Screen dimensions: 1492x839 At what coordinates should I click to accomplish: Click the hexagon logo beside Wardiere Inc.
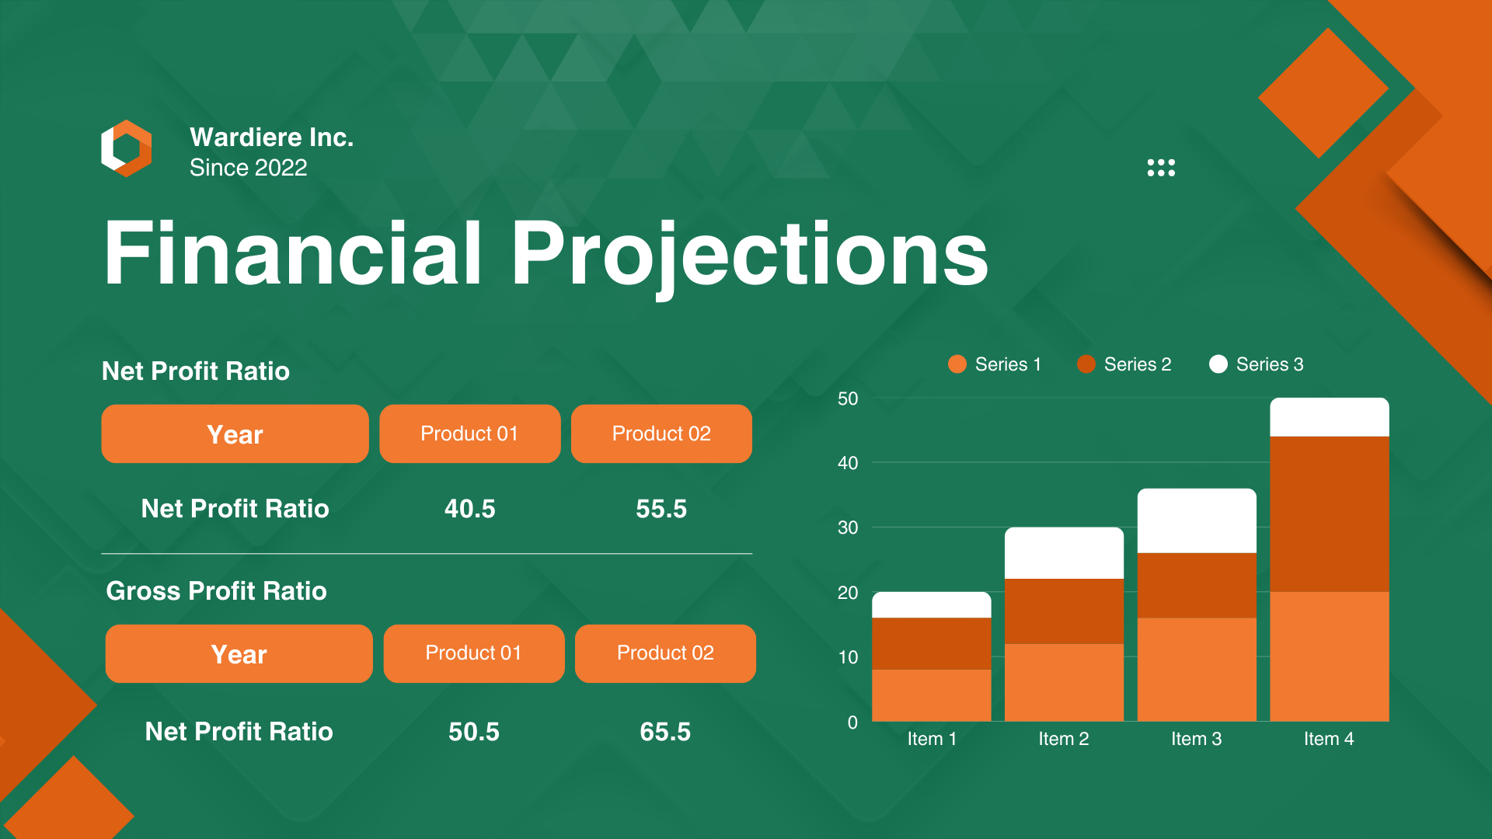[x=127, y=148]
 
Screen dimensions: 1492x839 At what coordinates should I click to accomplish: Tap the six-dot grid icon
[x=1161, y=168]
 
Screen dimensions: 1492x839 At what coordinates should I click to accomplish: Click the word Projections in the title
[x=749, y=253]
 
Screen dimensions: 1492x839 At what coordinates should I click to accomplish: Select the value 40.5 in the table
[x=469, y=509]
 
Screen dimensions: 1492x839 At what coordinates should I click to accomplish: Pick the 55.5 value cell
[x=661, y=509]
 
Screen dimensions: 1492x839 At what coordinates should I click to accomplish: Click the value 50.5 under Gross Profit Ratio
[x=473, y=732]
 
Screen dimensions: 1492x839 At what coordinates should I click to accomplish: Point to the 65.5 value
[x=665, y=732]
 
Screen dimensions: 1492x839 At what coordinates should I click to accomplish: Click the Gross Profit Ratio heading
[x=216, y=591]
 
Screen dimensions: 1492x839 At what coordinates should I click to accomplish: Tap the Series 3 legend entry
[x=1257, y=364]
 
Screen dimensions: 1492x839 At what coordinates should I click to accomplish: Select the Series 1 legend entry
[x=995, y=364]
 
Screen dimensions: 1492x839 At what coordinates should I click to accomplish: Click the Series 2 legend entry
[x=1124, y=364]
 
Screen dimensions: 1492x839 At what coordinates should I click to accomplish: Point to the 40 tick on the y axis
[x=848, y=463]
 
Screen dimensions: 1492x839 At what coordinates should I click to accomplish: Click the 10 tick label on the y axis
[x=848, y=657]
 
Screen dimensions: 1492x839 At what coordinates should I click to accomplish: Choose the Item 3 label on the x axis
[x=1196, y=739]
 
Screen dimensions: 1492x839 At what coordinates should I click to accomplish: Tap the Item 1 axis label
[x=932, y=739]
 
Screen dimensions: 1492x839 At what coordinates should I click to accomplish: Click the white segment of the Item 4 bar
[x=1330, y=417]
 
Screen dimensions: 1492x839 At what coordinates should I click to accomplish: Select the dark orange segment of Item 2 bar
[x=1064, y=611]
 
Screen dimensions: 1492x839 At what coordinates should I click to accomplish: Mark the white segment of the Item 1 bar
[x=932, y=605]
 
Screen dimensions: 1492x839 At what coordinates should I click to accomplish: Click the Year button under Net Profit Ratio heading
[x=235, y=433]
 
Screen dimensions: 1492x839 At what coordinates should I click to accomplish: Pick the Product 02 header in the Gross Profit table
[x=665, y=653]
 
